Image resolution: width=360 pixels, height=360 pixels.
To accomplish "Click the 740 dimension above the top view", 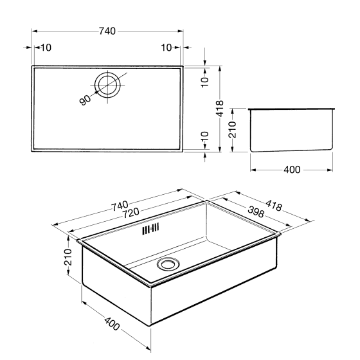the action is click(107, 31).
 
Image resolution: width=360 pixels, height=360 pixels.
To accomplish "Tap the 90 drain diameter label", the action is click(85, 100).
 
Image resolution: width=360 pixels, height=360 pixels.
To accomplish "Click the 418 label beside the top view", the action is click(220, 109).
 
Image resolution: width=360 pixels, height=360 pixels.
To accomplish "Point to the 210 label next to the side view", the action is click(232, 130).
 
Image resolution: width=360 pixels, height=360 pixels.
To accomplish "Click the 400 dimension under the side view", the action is click(292, 170).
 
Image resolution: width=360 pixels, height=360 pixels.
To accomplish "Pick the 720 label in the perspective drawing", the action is click(130, 213).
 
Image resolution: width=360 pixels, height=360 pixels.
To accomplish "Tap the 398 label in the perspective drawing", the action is click(256, 212).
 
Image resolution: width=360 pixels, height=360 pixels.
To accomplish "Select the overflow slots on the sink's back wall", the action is click(150, 229).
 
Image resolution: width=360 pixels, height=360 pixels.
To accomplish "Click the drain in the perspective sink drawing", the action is click(168, 264).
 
